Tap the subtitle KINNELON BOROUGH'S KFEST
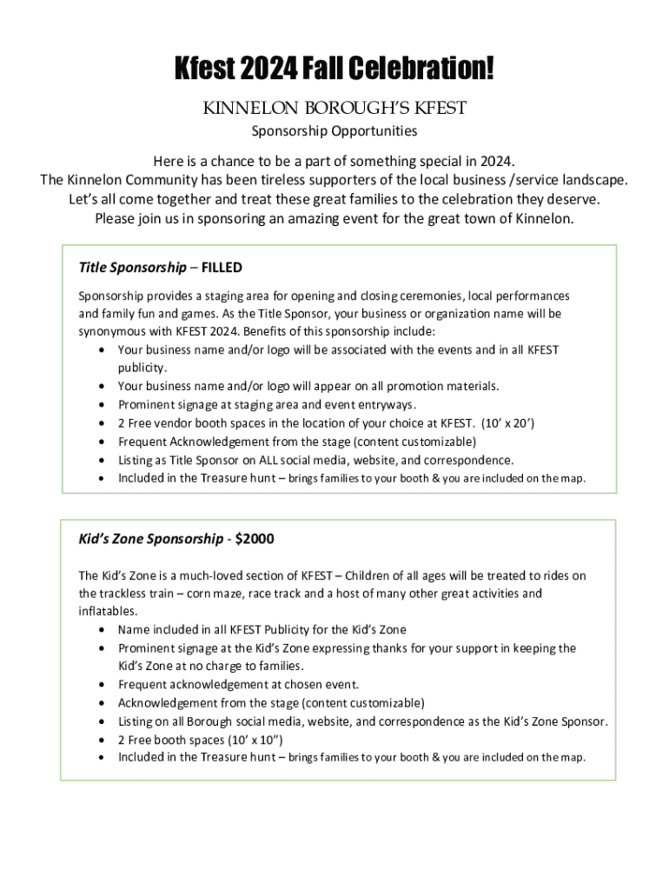coord(334,108)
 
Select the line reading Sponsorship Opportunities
coord(334,131)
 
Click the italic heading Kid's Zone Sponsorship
coord(150,539)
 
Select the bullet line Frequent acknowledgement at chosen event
coord(238,684)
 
